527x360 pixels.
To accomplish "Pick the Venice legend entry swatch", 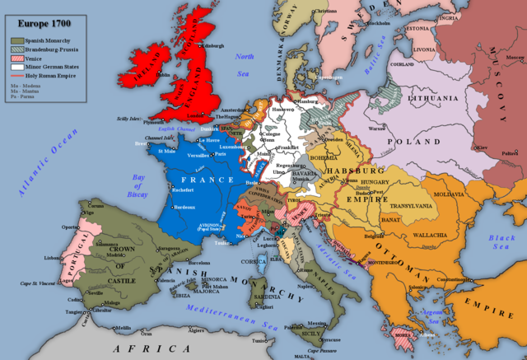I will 16,58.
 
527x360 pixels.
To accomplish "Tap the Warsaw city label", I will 377,129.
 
